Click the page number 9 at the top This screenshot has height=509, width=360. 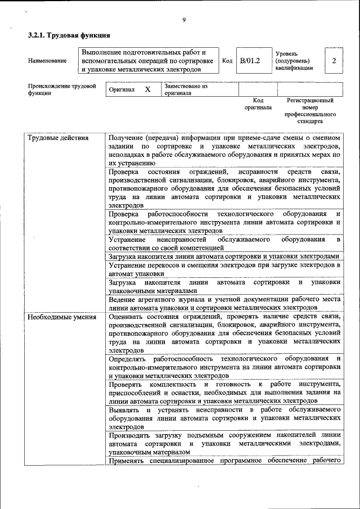click(183, 21)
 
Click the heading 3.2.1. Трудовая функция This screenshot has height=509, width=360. click(69, 36)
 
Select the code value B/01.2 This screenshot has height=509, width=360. click(250, 61)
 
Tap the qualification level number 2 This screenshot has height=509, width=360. click(334, 61)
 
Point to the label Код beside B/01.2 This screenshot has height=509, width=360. click(227, 61)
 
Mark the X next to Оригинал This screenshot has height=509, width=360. click(147, 90)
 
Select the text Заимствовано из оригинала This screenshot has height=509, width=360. click(186, 90)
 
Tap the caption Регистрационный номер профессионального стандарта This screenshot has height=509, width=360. click(310, 110)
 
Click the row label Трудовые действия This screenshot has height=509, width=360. click(58, 137)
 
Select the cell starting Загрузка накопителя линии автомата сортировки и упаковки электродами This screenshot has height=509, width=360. click(224, 256)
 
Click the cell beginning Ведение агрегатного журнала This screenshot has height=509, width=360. click(224, 304)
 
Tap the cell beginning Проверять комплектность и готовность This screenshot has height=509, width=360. click(224, 392)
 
